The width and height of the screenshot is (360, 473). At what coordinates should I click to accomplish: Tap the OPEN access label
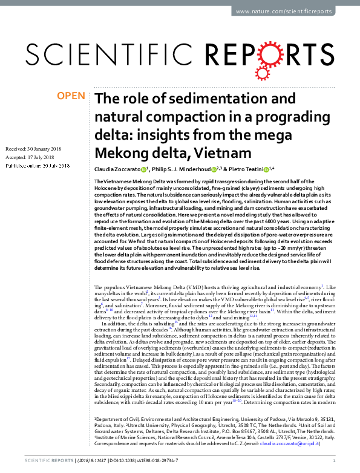tap(71, 96)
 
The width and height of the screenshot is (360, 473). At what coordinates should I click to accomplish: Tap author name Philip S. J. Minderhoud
tap(184, 169)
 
